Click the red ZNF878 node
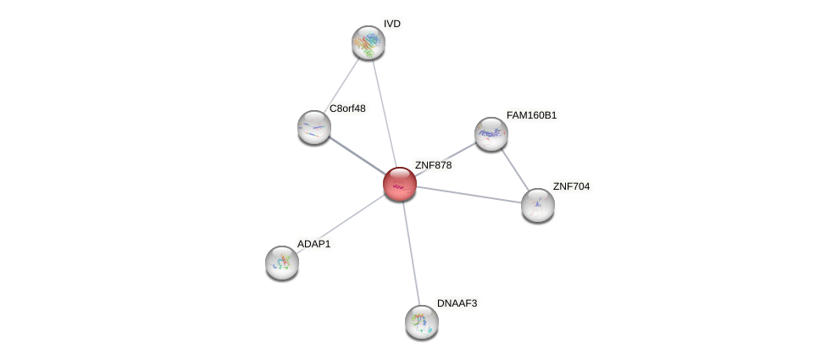pos(400,184)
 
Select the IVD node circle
pos(369,42)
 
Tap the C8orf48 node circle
pos(314,127)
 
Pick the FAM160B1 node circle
pos(491,134)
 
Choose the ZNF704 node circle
pos(537,205)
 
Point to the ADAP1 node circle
pos(282,263)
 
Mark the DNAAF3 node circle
pos(421,322)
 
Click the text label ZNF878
pos(433,165)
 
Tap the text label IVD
pos(391,24)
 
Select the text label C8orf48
pos(347,108)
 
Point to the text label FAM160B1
pos(532,115)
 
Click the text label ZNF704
pos(571,186)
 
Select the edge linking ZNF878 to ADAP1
pos(341,224)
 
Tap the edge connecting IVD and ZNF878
pos(384,113)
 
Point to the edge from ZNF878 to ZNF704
pos(468,194)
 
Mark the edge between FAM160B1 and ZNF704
pos(514,169)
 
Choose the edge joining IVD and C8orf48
pos(341,85)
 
